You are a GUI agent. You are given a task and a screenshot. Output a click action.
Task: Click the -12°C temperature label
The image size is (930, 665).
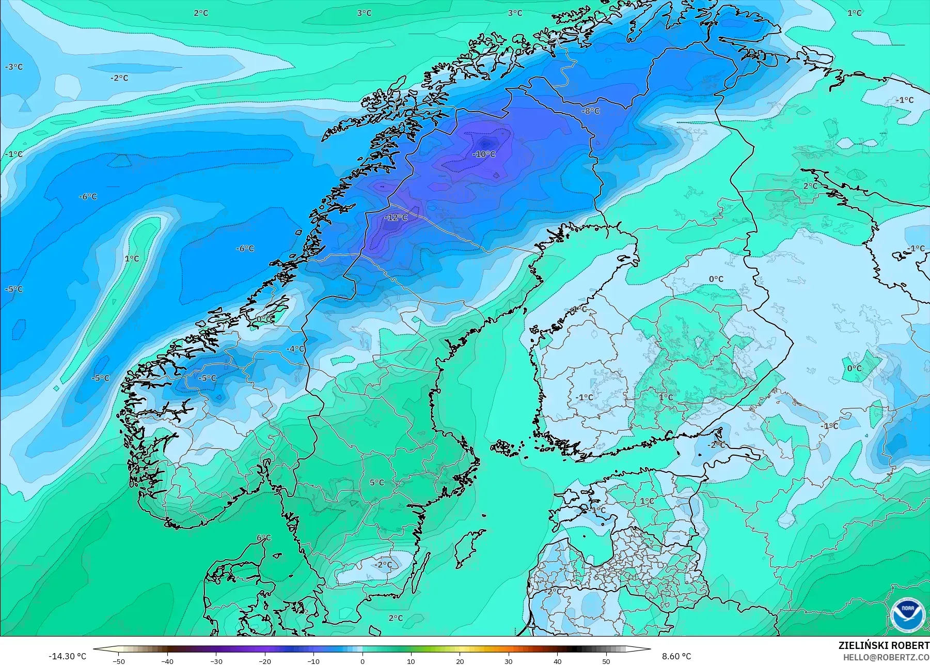396,218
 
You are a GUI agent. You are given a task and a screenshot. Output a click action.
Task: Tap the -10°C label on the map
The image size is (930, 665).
484,154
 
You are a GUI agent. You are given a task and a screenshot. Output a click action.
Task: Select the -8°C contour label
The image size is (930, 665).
591,111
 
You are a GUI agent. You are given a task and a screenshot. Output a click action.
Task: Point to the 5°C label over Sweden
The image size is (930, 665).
376,483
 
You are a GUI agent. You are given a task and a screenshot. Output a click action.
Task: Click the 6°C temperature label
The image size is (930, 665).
263,538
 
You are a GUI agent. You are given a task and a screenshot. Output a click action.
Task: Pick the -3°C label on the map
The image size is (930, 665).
14,67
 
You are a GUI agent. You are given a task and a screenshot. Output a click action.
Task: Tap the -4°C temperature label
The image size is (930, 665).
295,349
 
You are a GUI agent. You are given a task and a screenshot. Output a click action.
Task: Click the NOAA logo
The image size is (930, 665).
907,614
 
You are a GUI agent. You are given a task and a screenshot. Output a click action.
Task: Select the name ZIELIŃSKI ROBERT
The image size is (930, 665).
884,645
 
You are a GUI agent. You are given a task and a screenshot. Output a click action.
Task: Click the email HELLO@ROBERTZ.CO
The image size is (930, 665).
886,657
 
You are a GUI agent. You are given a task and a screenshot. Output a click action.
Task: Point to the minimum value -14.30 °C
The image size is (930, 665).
67,656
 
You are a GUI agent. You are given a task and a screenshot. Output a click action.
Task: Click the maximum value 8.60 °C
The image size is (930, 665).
676,656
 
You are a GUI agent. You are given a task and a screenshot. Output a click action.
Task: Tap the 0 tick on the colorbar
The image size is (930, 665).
362,661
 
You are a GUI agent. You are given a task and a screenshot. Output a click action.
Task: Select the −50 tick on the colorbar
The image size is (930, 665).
118,661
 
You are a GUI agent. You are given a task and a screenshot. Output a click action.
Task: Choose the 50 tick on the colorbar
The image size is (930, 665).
606,661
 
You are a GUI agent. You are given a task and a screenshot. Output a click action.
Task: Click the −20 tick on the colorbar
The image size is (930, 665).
264,661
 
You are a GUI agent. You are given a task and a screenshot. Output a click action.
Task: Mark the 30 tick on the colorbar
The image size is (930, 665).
509,661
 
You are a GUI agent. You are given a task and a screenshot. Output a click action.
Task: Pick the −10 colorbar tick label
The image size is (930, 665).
313,661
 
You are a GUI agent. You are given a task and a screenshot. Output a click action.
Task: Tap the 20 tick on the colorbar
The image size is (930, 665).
460,661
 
